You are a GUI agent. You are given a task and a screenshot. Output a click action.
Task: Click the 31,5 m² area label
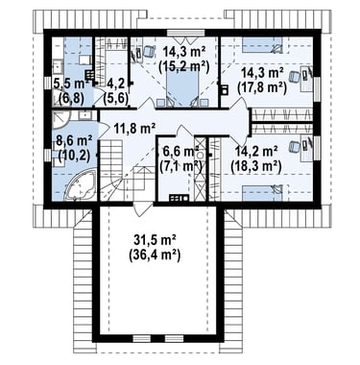(x=155, y=240)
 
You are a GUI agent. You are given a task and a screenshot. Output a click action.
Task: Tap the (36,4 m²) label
(x=155, y=255)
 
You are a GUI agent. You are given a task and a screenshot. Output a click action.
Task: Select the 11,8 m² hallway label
(x=134, y=129)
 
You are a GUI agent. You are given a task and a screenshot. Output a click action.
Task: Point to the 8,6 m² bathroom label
(x=74, y=140)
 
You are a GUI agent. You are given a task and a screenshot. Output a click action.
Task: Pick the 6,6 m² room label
(x=181, y=151)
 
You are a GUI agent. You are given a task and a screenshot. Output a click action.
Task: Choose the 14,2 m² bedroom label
(x=256, y=151)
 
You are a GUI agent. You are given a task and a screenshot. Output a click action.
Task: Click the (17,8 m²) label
(x=262, y=86)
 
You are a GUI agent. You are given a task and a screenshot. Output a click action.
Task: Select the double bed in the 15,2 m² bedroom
(x=183, y=86)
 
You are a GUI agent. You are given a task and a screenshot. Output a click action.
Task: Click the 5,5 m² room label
(x=70, y=85)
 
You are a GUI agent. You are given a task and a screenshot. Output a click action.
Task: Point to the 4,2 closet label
(x=115, y=85)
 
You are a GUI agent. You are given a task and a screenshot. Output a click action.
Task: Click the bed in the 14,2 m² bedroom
(x=262, y=192)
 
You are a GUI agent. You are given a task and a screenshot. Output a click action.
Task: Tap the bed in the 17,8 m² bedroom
(x=262, y=45)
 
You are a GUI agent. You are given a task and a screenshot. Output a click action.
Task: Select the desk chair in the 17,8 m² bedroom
(x=295, y=76)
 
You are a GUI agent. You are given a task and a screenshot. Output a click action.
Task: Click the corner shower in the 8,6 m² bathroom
(x=60, y=120)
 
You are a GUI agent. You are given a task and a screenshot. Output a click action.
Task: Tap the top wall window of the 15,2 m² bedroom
(x=185, y=33)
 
